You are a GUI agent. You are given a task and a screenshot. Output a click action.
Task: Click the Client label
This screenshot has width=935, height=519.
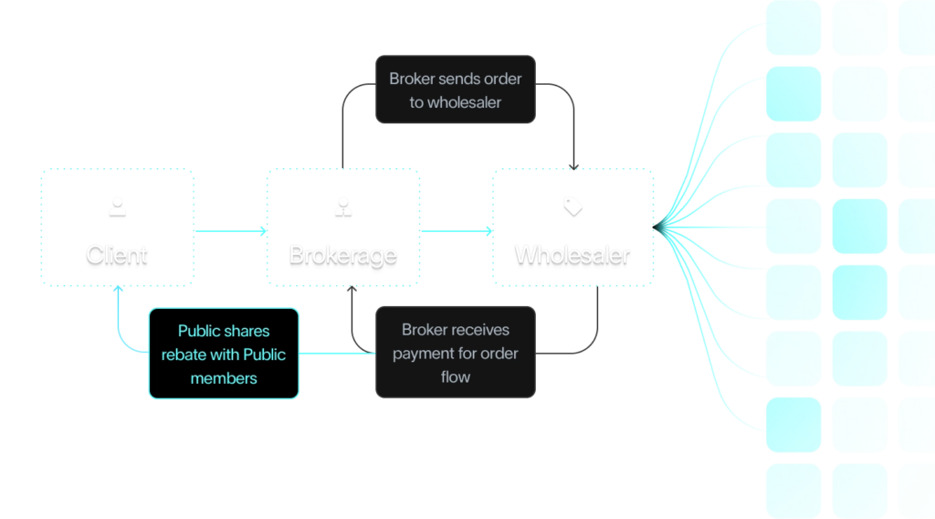117,254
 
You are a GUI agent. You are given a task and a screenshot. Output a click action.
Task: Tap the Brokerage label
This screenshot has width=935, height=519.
342,254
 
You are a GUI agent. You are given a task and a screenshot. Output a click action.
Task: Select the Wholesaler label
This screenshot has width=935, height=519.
573,254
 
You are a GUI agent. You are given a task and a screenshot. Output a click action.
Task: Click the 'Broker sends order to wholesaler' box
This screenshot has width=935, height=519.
455,90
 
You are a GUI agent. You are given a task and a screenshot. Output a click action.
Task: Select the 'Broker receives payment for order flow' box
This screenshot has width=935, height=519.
455,353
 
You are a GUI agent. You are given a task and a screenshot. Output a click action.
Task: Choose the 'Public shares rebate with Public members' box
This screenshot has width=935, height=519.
224,354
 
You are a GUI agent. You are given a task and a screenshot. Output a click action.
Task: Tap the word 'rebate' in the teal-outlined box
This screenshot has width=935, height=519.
184,355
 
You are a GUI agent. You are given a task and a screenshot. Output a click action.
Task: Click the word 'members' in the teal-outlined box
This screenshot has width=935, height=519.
224,377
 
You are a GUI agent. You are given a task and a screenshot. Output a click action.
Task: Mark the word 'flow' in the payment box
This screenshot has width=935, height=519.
455,376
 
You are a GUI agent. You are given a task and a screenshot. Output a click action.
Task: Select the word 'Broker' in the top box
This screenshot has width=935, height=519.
412,79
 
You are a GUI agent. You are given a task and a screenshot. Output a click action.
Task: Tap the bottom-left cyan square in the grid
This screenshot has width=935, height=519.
793,492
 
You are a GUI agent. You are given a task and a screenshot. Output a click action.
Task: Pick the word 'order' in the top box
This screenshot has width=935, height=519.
501,79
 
